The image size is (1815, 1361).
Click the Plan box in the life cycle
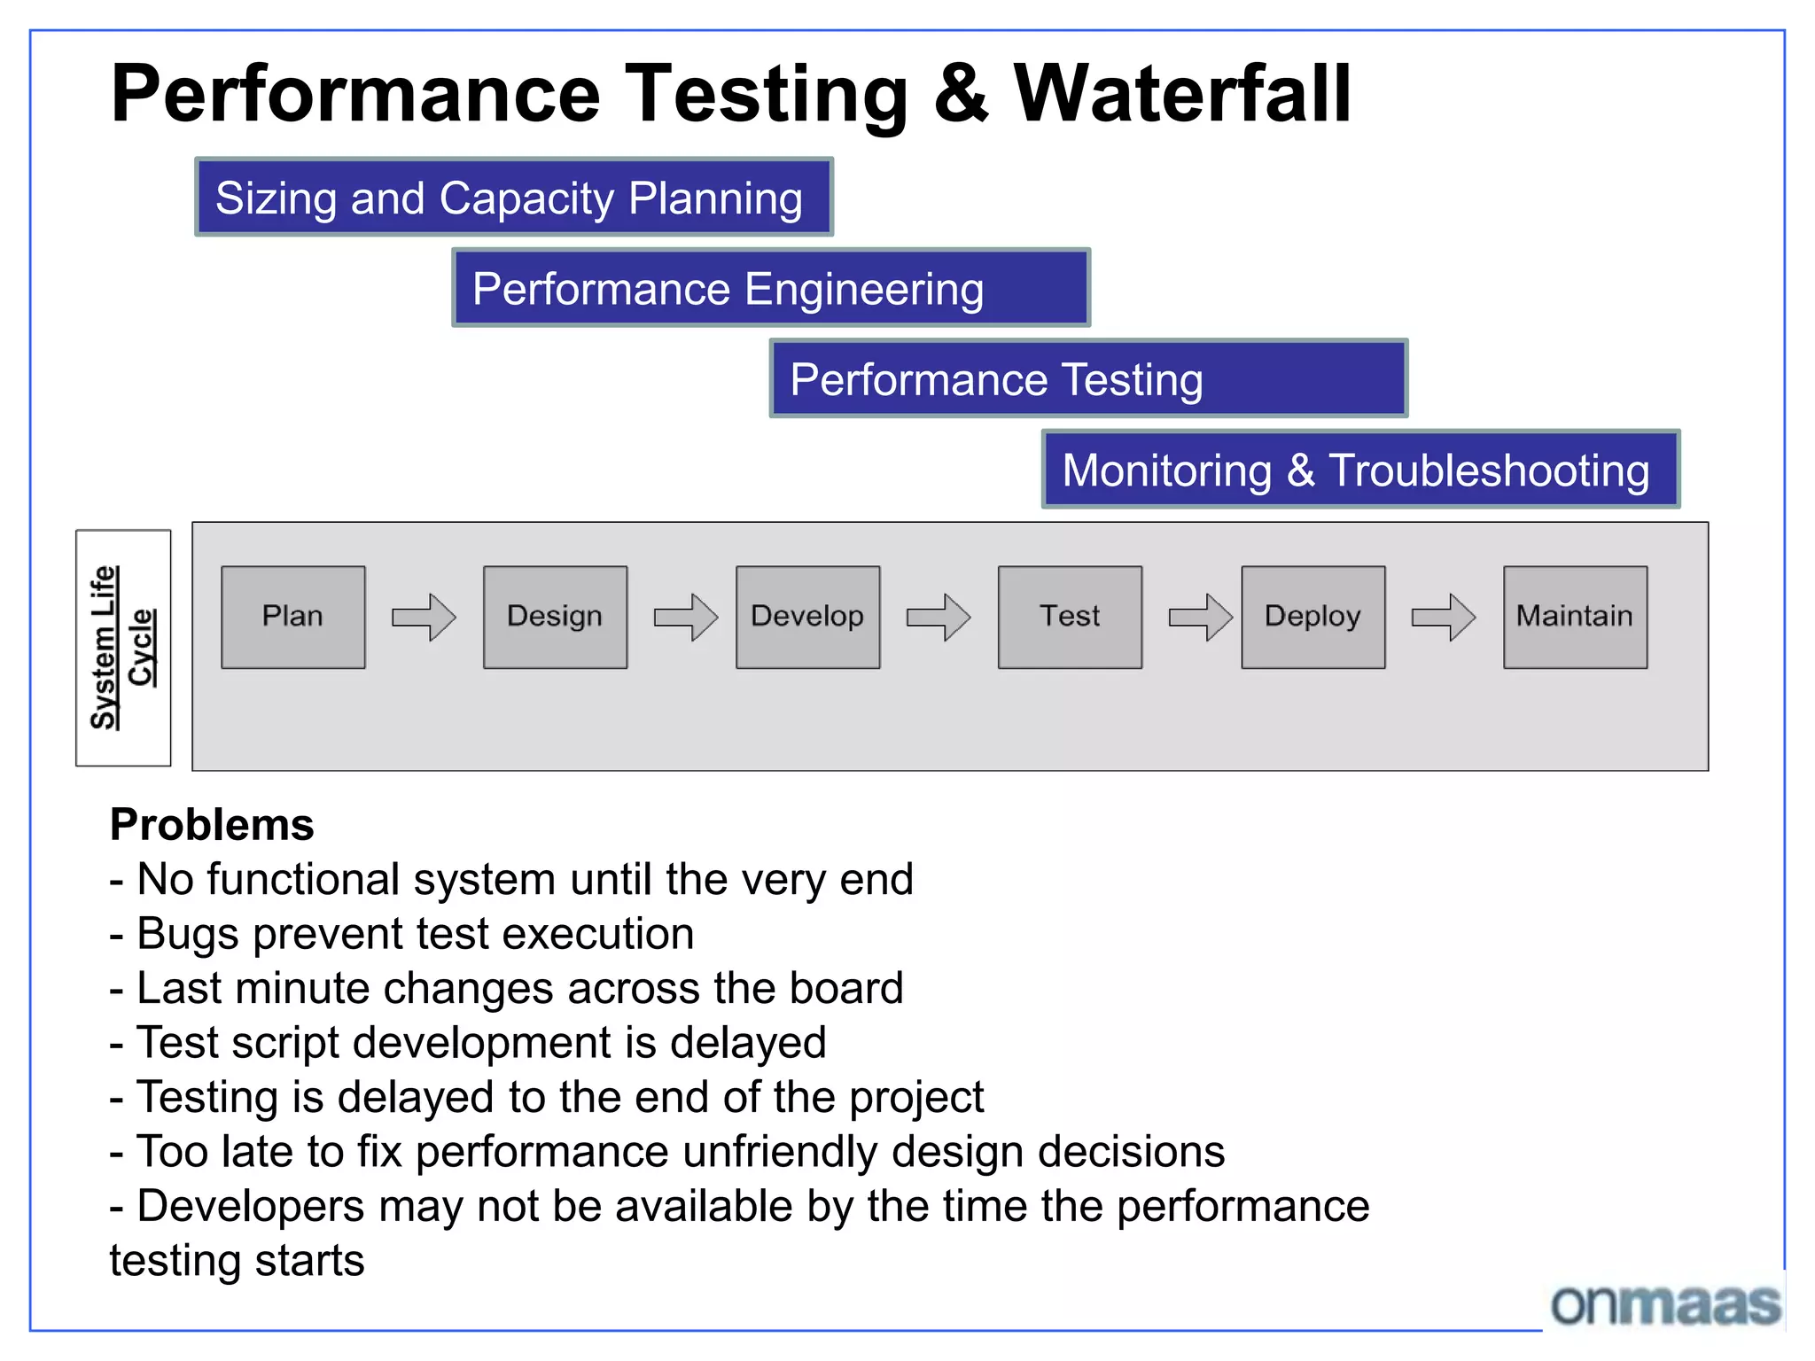(x=292, y=617)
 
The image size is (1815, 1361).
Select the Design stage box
(x=555, y=617)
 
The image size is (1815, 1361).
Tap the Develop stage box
(x=807, y=617)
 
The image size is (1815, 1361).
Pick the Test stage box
(x=1070, y=617)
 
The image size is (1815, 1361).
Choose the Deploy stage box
(x=1313, y=617)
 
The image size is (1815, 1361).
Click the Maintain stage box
(x=1575, y=617)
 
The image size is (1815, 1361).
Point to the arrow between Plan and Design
(x=424, y=617)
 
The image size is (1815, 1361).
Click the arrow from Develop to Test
(x=939, y=617)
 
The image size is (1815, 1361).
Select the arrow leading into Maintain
(x=1444, y=617)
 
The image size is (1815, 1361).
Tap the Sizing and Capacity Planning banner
(x=514, y=198)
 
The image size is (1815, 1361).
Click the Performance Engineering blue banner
(x=770, y=288)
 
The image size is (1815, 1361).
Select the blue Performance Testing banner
(x=1088, y=379)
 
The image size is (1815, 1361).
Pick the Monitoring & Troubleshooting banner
(x=1360, y=470)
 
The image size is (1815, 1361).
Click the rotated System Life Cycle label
(x=123, y=648)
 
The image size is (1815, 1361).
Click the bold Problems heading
(x=212, y=825)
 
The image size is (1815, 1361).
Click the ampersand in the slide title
(x=961, y=94)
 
